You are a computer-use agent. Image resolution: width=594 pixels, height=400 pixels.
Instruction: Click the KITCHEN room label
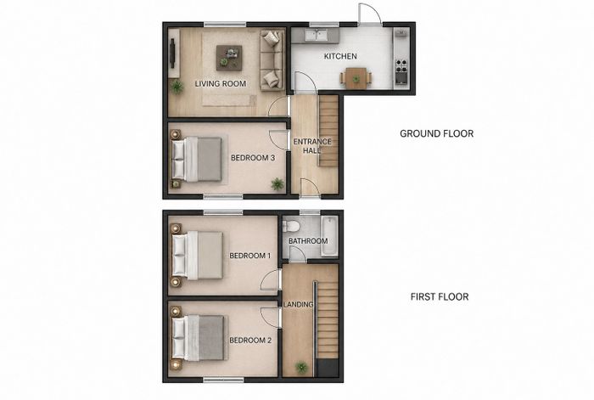click(340, 56)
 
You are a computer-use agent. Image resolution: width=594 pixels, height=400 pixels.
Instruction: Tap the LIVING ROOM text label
click(221, 83)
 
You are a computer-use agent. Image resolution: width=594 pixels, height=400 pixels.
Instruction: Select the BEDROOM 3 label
click(253, 157)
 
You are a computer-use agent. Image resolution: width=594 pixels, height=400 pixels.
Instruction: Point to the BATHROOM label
click(308, 240)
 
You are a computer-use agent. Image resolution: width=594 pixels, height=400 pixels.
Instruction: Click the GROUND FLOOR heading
click(437, 133)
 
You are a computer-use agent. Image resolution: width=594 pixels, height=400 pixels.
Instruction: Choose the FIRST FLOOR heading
click(440, 296)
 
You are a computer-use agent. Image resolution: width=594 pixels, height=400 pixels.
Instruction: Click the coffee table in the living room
click(229, 58)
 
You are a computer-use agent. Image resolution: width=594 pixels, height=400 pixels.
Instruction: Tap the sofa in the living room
click(272, 60)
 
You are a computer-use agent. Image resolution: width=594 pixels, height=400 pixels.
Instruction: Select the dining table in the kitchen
click(356, 78)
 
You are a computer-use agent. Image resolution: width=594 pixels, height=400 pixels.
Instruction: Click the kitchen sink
click(317, 36)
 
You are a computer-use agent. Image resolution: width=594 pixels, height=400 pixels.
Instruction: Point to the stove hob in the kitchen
click(401, 66)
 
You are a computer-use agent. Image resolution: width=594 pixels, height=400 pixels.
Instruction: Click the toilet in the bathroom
click(291, 226)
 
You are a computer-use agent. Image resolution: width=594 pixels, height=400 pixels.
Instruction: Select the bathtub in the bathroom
click(329, 236)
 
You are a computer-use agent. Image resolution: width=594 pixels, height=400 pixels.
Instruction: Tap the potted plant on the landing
click(301, 367)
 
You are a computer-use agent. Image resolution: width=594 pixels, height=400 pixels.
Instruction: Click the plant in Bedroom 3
click(277, 184)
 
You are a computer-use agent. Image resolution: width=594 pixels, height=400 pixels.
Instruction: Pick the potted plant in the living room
click(177, 87)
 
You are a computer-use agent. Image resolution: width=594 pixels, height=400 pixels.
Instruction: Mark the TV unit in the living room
click(174, 54)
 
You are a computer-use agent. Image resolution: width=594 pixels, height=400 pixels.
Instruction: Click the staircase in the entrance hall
click(328, 131)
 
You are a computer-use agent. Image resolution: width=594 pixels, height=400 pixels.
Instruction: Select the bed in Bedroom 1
click(197, 255)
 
